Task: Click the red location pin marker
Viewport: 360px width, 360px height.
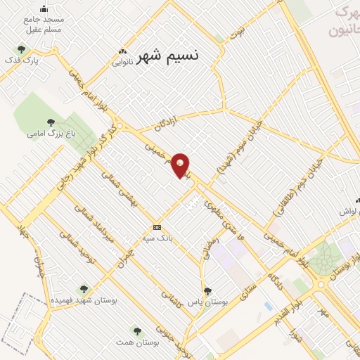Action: (x=181, y=165)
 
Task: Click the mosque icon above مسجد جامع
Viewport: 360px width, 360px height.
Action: (x=44, y=9)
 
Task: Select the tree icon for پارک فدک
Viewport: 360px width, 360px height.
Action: (x=21, y=50)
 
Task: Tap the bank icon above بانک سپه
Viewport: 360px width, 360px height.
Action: (x=157, y=227)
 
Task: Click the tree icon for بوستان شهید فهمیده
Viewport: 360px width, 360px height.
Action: (x=84, y=289)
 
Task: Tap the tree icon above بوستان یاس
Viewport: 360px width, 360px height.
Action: (x=207, y=290)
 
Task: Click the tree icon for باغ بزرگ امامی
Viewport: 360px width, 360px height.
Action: (x=52, y=121)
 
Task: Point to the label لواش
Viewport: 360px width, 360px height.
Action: (x=349, y=211)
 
